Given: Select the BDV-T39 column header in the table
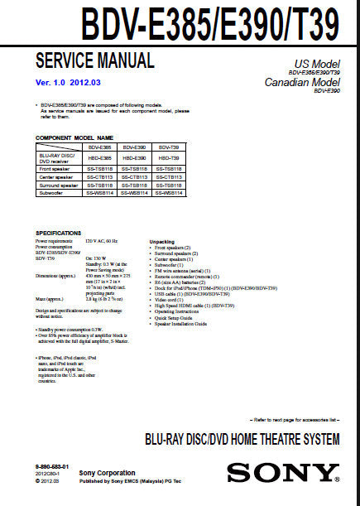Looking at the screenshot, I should (168, 146).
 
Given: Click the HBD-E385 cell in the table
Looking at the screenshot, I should (99, 157).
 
